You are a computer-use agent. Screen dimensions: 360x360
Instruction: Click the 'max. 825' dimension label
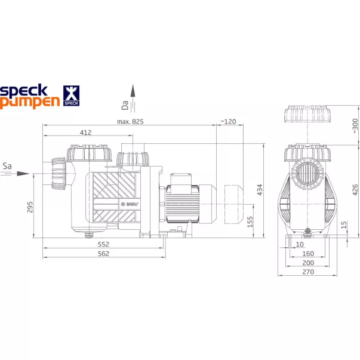130,121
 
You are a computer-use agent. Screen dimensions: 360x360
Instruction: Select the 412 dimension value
85,133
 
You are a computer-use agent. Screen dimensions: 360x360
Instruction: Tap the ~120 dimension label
228,121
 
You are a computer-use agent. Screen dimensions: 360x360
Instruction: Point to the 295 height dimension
30,207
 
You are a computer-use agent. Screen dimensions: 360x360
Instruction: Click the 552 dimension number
103,244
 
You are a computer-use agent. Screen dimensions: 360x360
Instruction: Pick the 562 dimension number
103,254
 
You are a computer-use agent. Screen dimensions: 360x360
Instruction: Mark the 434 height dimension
260,190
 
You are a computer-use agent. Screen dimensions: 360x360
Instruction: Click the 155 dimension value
250,221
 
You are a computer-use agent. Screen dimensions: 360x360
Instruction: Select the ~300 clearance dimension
355,126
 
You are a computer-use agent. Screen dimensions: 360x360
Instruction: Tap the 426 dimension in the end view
355,190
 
